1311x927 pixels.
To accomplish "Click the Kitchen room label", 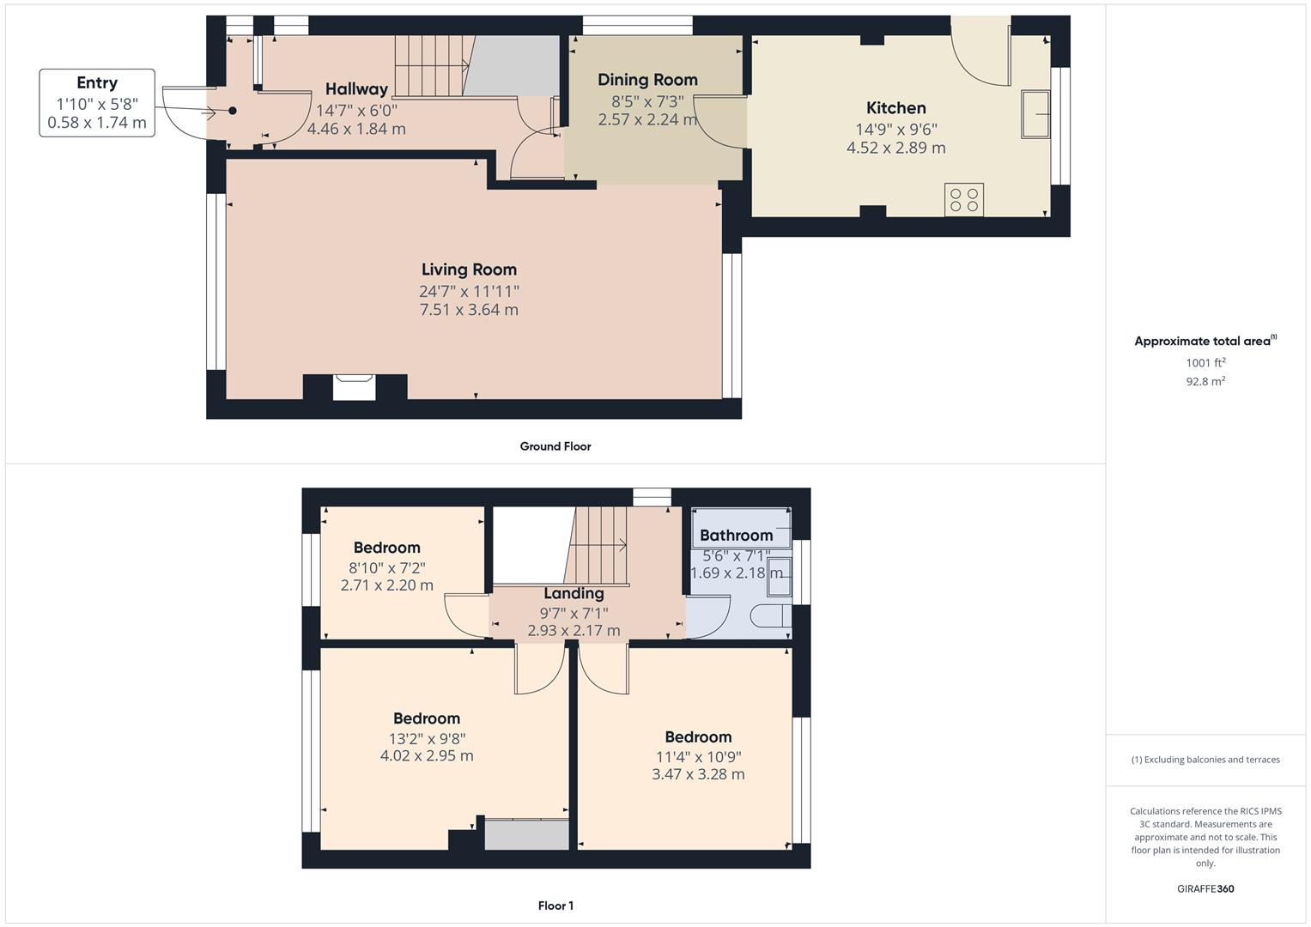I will [x=895, y=108].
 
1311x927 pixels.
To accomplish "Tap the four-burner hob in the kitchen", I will [x=963, y=200].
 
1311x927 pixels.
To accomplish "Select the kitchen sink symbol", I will [x=1036, y=113].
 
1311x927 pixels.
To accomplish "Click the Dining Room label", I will [x=647, y=80].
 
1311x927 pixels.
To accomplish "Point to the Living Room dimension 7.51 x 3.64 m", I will [x=469, y=310].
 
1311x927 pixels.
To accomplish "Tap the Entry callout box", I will [x=97, y=103].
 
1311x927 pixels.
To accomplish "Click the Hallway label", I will [x=356, y=89].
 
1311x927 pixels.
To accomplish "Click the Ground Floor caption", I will [x=555, y=446].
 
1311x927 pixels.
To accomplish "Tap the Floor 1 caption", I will [x=555, y=906].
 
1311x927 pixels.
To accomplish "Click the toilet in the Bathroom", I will [x=769, y=616].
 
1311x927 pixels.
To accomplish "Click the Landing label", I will [x=574, y=593].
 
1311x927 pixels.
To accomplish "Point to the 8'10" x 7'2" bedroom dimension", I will [x=386, y=567].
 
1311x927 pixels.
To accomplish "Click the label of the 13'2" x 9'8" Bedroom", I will [x=427, y=718].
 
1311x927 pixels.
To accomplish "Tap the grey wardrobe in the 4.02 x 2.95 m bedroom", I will [x=526, y=834].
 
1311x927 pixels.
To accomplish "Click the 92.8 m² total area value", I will [x=1205, y=381].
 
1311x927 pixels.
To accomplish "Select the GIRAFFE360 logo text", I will [x=1205, y=888].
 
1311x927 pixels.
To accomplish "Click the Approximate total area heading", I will [x=1205, y=341].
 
